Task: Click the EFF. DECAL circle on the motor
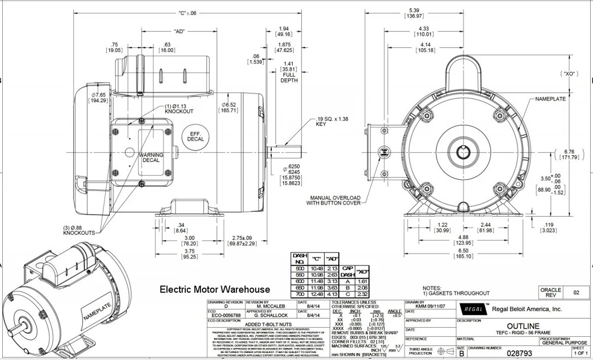point(196,136)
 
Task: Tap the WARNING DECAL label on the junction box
point(151,158)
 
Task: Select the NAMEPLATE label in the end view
point(550,99)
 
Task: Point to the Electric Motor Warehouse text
point(214,290)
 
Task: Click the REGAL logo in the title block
point(473,309)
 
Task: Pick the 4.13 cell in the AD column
point(331,294)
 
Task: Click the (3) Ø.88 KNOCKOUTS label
point(79,230)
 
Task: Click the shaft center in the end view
point(462,152)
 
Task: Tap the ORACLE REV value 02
point(576,293)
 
